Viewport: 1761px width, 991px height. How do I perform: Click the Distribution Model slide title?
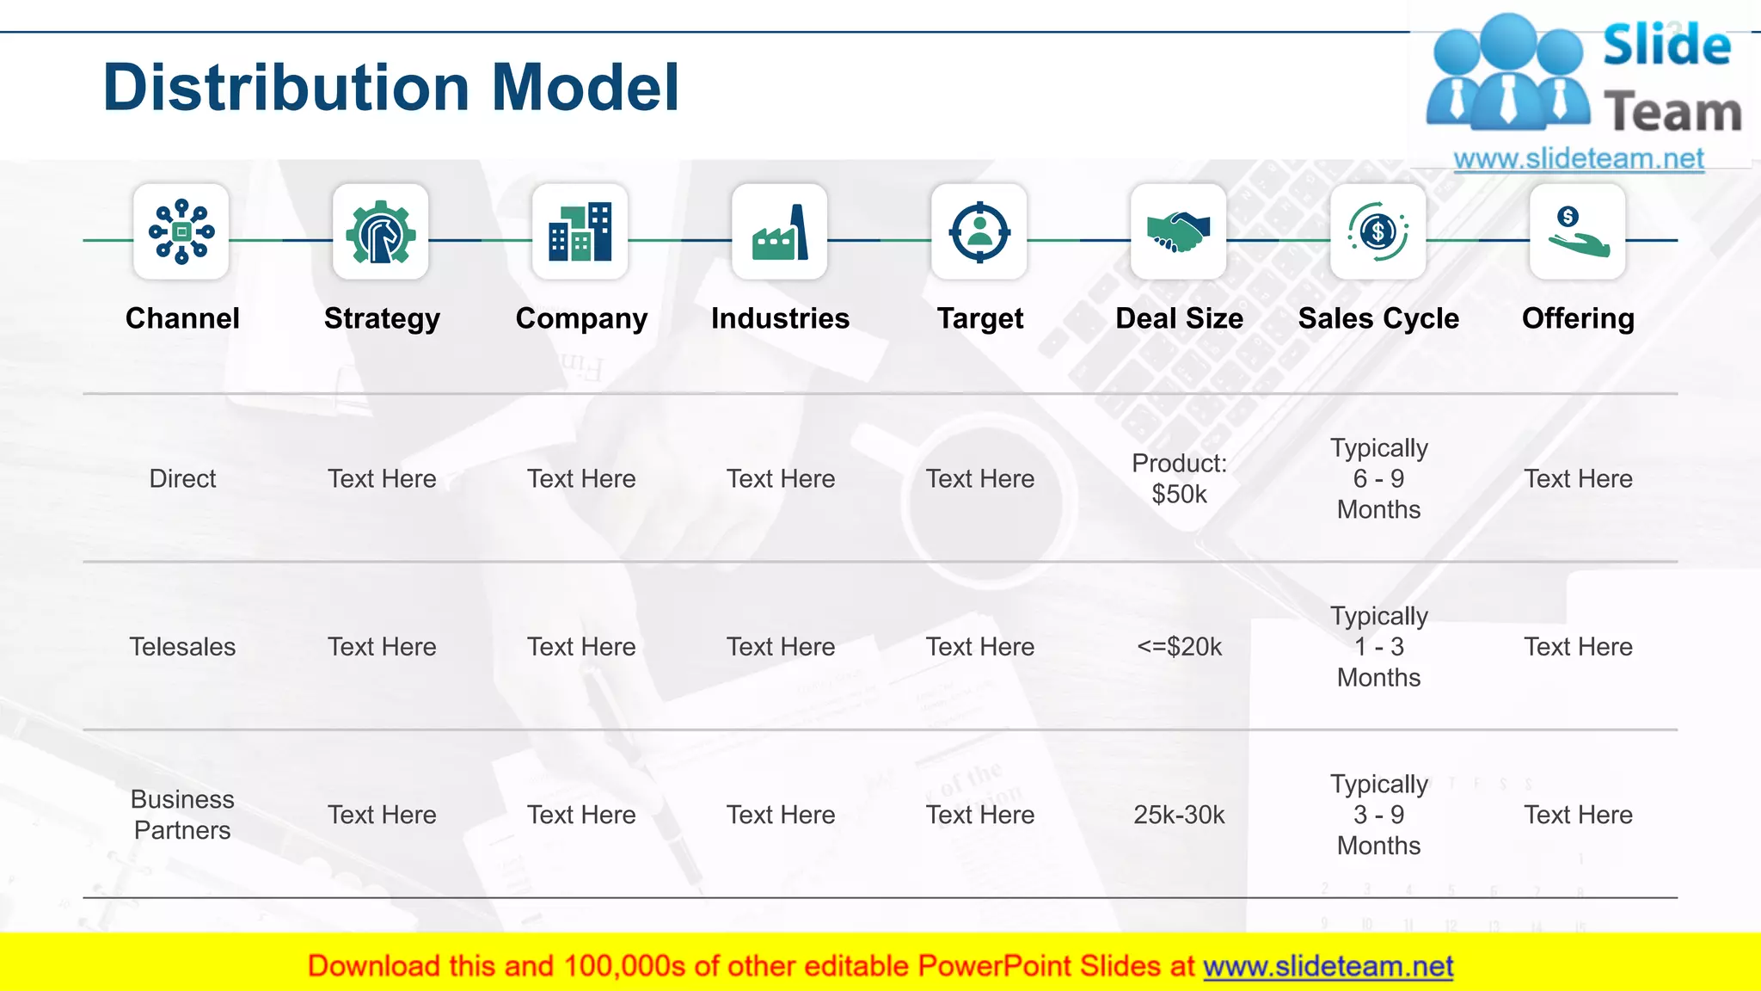coord(391,88)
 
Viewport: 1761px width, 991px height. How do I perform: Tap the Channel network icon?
coord(181,231)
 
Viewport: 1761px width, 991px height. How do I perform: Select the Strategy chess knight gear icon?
coord(381,231)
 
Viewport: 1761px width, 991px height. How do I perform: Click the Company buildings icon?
coord(580,231)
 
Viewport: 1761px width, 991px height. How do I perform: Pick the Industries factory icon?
coord(780,231)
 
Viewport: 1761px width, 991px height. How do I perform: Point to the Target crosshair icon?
coord(979,231)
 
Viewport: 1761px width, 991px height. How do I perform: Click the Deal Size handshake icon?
coord(1179,231)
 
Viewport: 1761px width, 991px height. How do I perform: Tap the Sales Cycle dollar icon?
coord(1378,231)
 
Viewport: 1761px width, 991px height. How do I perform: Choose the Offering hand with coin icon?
coord(1578,231)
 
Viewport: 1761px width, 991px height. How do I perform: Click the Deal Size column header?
coord(1179,318)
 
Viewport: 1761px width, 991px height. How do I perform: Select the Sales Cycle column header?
coord(1378,318)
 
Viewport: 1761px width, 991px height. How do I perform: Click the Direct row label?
coord(182,478)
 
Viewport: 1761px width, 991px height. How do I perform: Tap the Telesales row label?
coord(182,647)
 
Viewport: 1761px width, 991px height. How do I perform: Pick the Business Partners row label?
coord(182,815)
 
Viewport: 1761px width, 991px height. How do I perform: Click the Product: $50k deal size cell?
coord(1179,478)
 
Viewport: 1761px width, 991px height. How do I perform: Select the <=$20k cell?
coord(1179,647)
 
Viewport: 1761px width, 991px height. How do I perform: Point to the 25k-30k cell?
coord(1179,815)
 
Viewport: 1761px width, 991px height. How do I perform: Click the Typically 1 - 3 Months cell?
coord(1378,647)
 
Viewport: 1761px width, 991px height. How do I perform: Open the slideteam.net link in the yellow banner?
coord(1328,967)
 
